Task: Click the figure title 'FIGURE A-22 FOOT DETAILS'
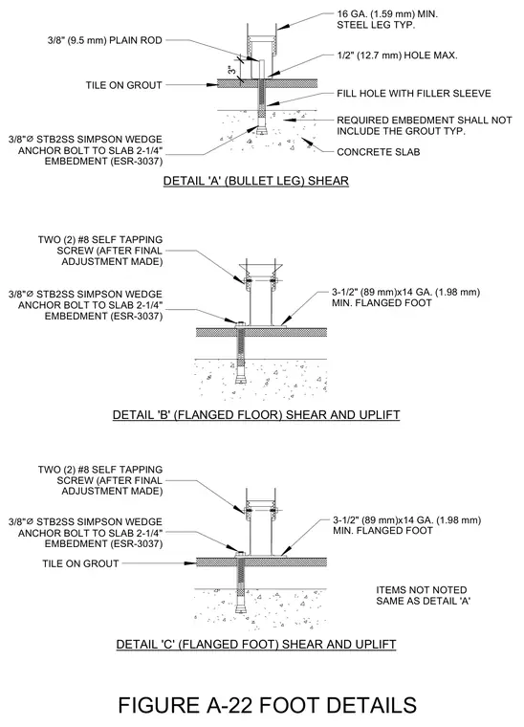(x=268, y=705)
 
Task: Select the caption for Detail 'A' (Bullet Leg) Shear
(x=255, y=181)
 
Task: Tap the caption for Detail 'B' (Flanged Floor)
(x=256, y=414)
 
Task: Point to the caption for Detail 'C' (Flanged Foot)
(x=256, y=644)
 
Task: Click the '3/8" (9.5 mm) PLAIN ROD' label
(x=105, y=40)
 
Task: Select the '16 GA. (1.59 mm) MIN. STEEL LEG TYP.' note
(x=387, y=19)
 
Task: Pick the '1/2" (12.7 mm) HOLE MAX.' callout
(x=397, y=55)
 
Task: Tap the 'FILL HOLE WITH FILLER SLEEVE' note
(x=414, y=93)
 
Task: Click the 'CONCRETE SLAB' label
(x=379, y=152)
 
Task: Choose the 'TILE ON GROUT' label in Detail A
(x=123, y=85)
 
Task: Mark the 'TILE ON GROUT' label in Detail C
(x=80, y=563)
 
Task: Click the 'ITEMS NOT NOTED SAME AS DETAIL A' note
(x=423, y=595)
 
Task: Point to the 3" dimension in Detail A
(x=232, y=71)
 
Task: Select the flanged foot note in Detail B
(x=405, y=297)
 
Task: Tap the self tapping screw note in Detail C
(x=100, y=480)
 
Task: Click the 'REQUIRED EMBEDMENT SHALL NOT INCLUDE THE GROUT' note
(x=424, y=125)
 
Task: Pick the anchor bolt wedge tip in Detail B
(x=241, y=379)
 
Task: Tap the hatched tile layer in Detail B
(x=262, y=332)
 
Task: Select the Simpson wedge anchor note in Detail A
(x=86, y=150)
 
